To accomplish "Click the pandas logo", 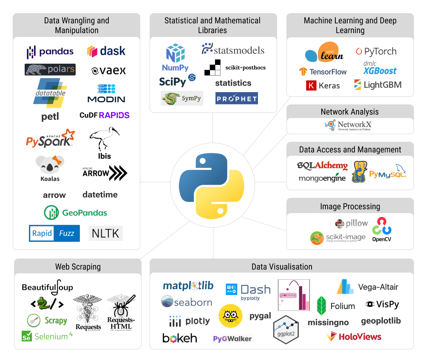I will tap(50, 52).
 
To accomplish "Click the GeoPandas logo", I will tap(76, 212).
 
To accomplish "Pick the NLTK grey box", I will tap(106, 233).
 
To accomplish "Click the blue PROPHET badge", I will tap(236, 98).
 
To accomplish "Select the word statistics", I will tap(233, 83).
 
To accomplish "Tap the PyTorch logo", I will tap(376, 51).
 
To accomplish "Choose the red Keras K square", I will tap(311, 85).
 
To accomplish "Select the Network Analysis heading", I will tap(350, 112).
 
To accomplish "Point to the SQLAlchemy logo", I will tap(323, 166).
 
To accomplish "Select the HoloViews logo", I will tap(353, 337).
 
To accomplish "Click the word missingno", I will tap(328, 322).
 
